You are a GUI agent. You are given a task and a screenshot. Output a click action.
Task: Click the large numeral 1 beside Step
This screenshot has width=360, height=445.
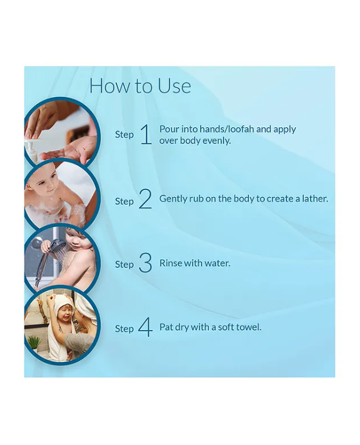coord(146,134)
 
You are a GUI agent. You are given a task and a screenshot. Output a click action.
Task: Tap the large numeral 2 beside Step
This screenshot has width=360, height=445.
coord(145,199)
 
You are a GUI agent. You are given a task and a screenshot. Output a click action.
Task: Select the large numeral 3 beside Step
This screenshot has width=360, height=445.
coord(145,263)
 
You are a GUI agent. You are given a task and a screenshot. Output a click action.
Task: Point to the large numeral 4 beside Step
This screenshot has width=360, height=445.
coord(145,327)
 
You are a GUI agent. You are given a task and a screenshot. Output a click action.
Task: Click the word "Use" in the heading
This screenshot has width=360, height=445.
coord(174,86)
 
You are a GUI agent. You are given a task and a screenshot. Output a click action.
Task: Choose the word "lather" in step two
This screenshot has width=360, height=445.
coord(315,198)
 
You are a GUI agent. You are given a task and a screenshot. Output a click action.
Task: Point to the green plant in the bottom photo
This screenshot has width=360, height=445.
coord(34,342)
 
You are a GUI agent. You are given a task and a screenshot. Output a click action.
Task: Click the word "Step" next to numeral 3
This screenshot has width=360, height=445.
coord(124,265)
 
